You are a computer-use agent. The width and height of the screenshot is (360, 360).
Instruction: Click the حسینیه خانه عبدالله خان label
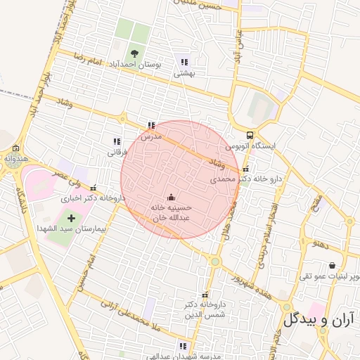[x=172, y=213]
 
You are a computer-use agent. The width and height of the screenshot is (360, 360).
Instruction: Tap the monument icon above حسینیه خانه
[x=172, y=197]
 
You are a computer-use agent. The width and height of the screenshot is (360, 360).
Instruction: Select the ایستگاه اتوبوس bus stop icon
[x=250, y=136]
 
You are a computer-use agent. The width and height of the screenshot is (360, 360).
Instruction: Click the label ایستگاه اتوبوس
[x=251, y=146]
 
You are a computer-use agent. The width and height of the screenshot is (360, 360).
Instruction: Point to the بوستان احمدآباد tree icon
[x=134, y=53]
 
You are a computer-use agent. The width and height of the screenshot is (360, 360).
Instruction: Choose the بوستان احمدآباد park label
[x=137, y=63]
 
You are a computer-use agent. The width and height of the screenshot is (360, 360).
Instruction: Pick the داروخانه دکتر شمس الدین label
[x=205, y=310]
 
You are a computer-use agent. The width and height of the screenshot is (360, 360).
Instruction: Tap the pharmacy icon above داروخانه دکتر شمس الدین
[x=205, y=295]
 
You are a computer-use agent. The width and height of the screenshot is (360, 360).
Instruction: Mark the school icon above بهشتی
[x=185, y=61]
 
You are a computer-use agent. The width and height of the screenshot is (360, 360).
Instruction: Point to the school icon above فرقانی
[x=117, y=141]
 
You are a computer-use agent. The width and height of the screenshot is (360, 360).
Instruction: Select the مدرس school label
[x=151, y=136]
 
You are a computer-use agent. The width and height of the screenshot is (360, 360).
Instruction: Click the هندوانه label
[x=15, y=159]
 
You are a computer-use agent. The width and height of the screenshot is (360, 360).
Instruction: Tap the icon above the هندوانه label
[x=15, y=148]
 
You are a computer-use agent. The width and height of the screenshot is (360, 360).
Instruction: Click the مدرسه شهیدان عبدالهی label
[x=184, y=356]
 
